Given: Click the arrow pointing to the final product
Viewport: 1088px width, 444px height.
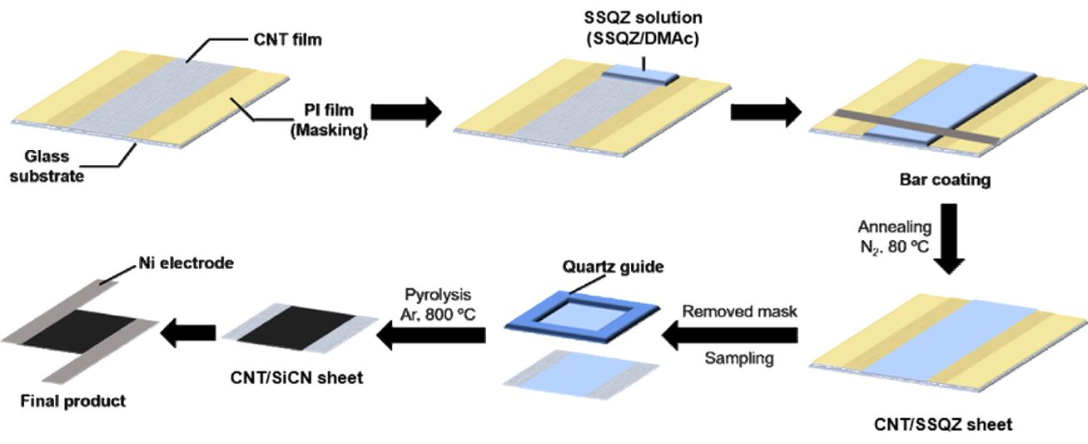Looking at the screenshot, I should [x=188, y=336].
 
